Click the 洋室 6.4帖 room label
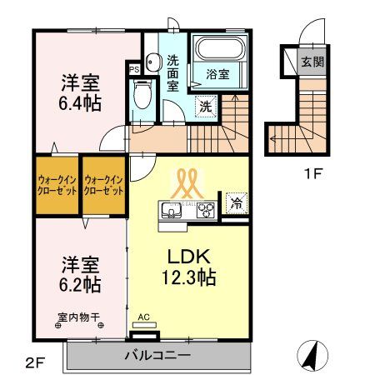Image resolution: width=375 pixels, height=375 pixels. [80, 92]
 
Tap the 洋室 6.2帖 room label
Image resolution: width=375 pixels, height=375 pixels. [80, 274]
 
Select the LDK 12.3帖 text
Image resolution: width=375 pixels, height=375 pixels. [189, 266]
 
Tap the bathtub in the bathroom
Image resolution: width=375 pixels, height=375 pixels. [217, 51]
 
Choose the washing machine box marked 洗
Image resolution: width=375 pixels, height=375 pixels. [204, 106]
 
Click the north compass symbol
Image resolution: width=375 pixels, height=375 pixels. [311, 356]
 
